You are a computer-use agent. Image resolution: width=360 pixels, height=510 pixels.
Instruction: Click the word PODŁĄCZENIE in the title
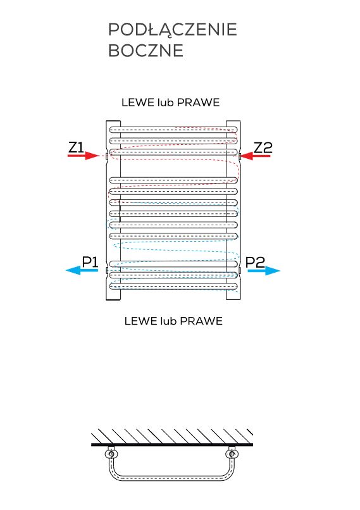click(172, 30)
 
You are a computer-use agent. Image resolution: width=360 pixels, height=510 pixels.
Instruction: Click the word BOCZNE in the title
click(146, 51)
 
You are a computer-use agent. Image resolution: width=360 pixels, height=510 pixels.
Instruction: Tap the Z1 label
click(76, 147)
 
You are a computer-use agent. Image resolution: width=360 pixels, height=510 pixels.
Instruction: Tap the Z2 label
click(263, 147)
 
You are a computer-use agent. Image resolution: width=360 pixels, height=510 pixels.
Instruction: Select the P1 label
click(90, 262)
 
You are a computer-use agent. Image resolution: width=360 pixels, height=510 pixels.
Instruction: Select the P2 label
click(255, 262)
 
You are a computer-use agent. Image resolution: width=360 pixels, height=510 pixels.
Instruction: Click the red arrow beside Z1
click(84, 156)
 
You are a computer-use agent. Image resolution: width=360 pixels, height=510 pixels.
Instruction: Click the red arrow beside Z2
click(256, 156)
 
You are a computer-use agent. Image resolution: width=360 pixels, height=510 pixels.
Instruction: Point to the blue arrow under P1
click(82, 270)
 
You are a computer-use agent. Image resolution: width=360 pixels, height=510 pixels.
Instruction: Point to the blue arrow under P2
click(264, 271)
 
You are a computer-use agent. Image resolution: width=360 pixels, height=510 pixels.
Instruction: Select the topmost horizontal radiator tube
click(173, 130)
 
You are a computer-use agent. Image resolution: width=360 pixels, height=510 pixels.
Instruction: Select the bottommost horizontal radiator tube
click(173, 286)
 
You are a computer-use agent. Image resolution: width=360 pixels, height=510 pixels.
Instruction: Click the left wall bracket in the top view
click(111, 454)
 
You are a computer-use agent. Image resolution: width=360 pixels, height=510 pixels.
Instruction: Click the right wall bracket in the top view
click(232, 454)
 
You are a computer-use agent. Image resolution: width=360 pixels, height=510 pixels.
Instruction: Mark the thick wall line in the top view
click(172, 444)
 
